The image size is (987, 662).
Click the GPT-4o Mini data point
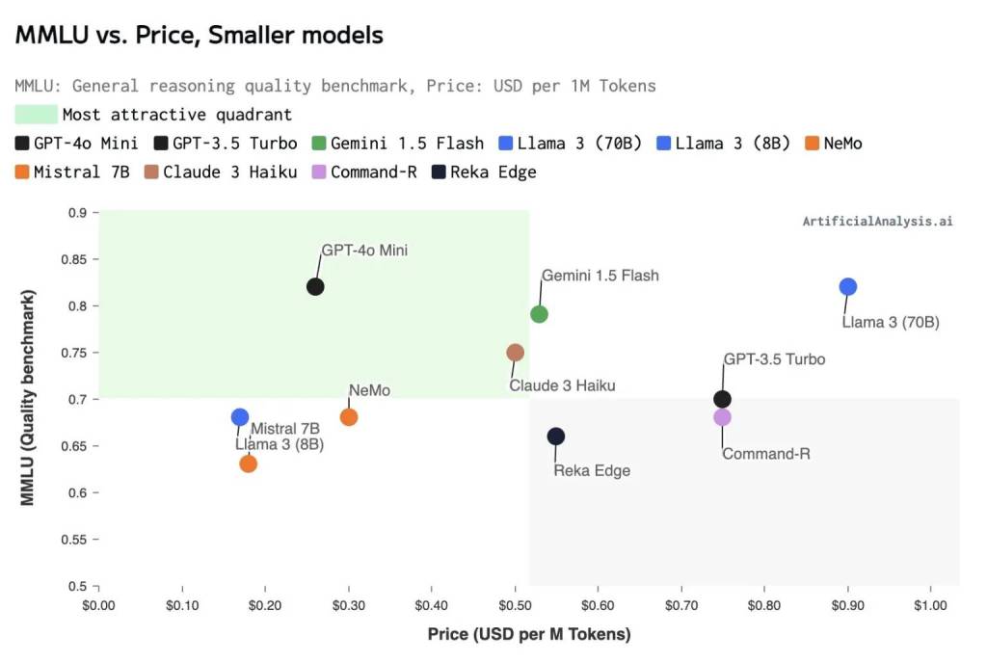click(315, 286)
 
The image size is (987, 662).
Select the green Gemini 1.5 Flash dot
click(539, 314)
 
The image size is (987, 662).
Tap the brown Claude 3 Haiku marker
click(515, 353)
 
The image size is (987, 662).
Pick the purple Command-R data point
click(722, 417)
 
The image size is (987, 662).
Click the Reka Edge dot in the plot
click(556, 437)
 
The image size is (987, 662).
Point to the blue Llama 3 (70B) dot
click(848, 286)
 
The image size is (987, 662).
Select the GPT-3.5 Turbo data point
click(722, 399)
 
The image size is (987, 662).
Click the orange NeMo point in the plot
click(349, 417)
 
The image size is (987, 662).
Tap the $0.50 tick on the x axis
click(515, 604)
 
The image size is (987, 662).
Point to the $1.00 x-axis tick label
click(930, 604)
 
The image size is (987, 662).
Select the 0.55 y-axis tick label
click(72, 540)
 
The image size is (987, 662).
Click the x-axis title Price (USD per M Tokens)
click(528, 634)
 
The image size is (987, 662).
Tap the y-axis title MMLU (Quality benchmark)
click(28, 398)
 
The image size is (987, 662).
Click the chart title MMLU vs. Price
click(200, 36)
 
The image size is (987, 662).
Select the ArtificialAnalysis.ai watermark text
click(877, 221)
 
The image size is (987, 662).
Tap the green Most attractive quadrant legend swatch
click(36, 115)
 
